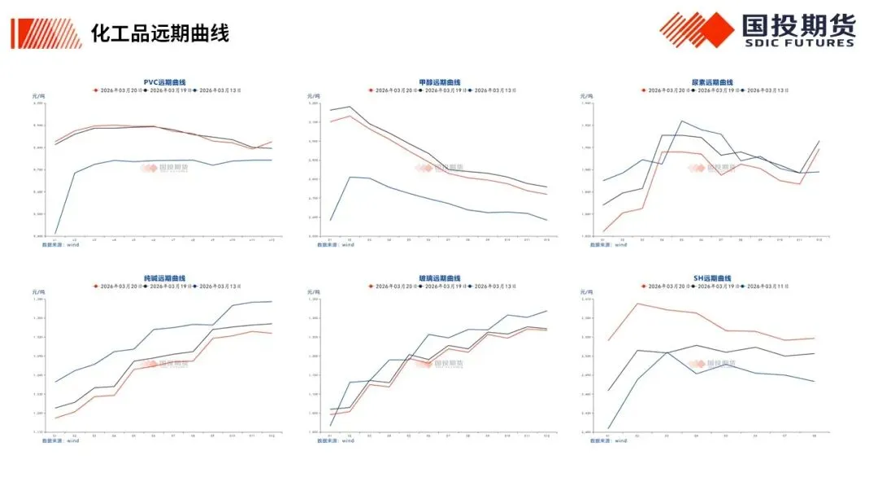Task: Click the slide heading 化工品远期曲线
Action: (x=159, y=33)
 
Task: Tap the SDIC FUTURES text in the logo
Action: (x=798, y=42)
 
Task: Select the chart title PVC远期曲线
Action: (x=165, y=82)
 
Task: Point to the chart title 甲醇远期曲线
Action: (x=440, y=82)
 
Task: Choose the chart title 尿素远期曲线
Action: (x=712, y=82)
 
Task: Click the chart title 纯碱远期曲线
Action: (x=165, y=278)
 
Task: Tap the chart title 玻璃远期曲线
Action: (x=440, y=278)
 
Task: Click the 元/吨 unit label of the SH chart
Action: (x=588, y=291)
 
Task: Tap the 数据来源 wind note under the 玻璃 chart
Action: (x=336, y=440)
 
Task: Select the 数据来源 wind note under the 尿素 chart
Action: (x=609, y=244)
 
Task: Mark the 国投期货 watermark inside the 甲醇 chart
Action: (x=439, y=168)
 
